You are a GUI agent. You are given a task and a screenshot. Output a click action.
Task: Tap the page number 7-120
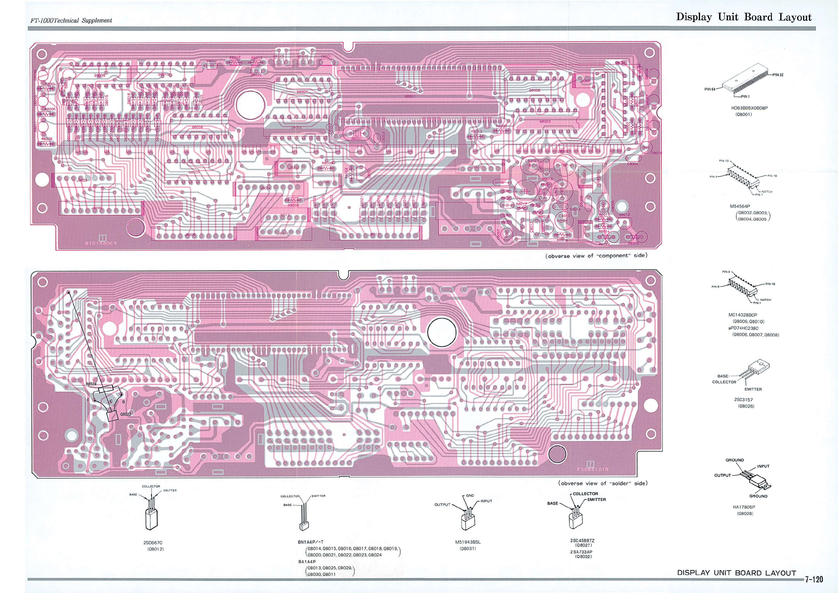814,579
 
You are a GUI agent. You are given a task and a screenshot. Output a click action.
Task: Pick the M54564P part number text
740,206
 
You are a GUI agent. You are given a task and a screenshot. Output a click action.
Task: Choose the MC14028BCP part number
743,315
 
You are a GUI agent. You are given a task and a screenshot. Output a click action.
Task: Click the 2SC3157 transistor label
743,399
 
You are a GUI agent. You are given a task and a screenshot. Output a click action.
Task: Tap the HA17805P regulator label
744,507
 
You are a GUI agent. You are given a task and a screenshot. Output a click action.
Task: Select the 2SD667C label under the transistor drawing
153,543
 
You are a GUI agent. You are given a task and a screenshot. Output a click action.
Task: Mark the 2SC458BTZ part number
582,541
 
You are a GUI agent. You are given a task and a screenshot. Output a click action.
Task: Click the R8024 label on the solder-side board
91,384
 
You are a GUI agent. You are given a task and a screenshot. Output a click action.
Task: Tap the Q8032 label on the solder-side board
126,414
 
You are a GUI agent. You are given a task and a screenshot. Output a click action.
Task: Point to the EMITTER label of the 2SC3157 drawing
753,389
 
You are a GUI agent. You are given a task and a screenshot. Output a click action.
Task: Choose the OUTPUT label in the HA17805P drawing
722,476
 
